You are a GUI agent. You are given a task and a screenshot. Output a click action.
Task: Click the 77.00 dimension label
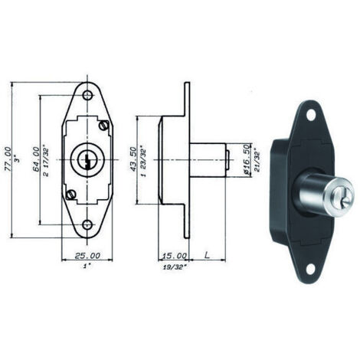tap(7, 159)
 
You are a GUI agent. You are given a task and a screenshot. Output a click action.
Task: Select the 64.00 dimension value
tap(36, 159)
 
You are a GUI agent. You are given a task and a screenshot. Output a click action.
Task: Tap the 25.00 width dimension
tap(87, 255)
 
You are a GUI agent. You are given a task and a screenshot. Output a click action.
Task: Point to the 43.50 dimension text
tap(133, 159)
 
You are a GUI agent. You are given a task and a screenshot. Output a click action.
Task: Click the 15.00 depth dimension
tap(175, 255)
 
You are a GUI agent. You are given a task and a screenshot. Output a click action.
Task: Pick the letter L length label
tap(207, 255)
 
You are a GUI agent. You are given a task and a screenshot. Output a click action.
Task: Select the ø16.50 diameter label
tap(246, 159)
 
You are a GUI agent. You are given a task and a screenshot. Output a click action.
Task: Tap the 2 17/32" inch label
tap(46, 160)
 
